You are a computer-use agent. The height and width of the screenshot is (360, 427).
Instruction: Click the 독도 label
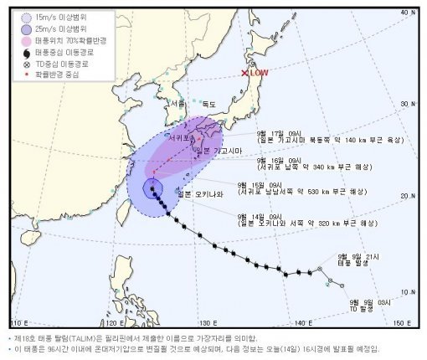pyautogui.click(x=208, y=104)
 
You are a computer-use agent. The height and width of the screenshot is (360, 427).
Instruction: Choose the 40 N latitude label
pyautogui.click(x=408, y=13)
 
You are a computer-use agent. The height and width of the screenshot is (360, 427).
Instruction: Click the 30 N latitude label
pyautogui.click(x=408, y=103)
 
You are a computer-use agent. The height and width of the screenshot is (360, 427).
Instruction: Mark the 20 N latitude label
pyautogui.click(x=408, y=196)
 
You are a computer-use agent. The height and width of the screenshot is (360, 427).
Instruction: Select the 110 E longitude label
pyautogui.click(x=18, y=322)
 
